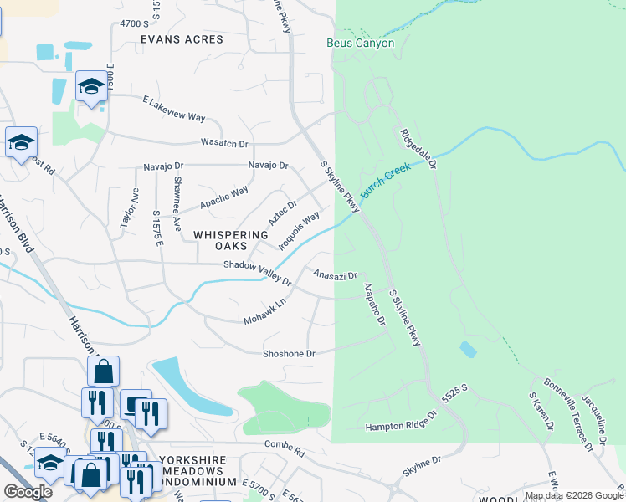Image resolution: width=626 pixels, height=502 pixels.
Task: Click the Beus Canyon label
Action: (360, 44)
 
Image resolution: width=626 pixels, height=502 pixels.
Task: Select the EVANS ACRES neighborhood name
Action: (182, 39)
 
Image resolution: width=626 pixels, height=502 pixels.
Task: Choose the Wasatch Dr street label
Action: (224, 143)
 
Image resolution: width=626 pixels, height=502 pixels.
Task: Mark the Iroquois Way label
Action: (299, 229)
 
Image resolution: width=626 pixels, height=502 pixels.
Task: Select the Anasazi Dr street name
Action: (335, 274)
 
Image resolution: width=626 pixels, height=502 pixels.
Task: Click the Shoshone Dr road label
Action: (289, 354)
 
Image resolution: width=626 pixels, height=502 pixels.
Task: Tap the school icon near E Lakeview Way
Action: (91, 87)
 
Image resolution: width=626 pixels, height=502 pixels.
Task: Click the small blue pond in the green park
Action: (468, 350)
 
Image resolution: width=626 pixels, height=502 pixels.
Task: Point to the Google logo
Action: (28, 491)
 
